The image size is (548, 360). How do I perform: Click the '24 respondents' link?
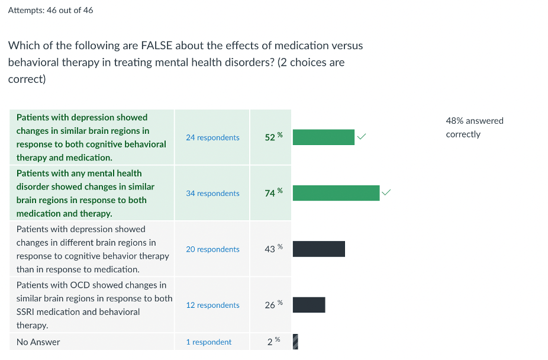212,137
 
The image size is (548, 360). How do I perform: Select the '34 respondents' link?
212,194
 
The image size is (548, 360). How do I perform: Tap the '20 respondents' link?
212,249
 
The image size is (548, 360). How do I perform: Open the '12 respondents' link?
212,306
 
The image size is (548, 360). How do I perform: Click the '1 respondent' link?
208,342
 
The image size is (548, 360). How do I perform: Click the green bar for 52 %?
323,137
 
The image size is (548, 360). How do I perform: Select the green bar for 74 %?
336,193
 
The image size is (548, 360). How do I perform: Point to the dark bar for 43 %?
318,249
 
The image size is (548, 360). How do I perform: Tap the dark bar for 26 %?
309,305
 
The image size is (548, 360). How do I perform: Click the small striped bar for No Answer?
295,342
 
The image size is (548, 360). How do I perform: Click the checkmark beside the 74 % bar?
386,192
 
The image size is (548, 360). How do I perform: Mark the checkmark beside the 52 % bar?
362,137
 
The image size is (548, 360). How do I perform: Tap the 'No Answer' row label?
38,342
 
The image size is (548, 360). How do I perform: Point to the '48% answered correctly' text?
474,127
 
